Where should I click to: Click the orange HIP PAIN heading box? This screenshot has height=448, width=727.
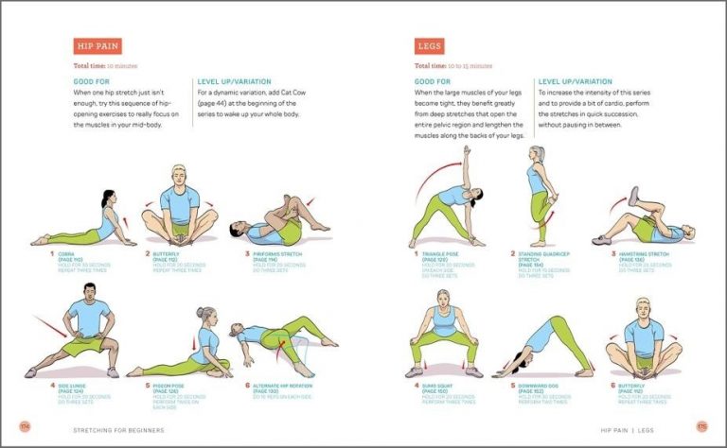point(98,46)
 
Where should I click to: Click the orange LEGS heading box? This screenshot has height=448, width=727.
point(429,46)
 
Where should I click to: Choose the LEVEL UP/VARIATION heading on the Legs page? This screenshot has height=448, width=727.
point(580,82)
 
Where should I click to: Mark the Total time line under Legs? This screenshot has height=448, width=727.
point(450,66)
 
